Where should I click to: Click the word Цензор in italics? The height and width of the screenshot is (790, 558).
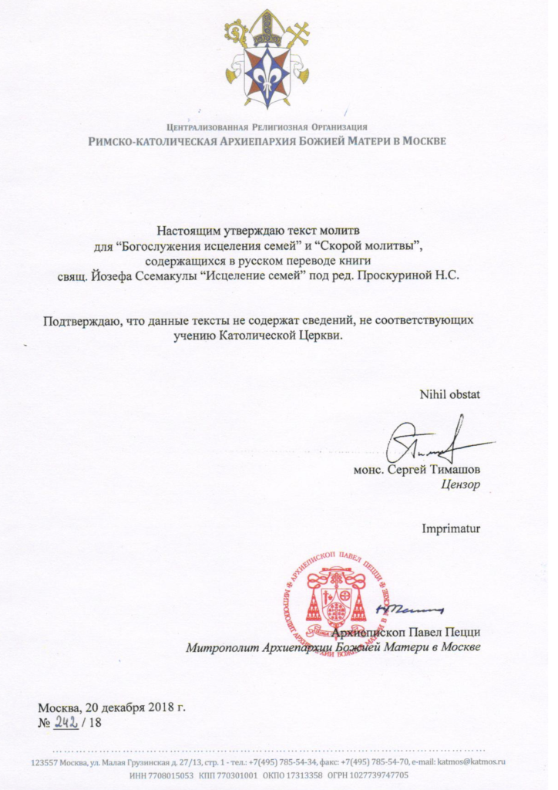tap(461, 486)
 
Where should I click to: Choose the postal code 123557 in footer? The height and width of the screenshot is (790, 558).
tap(45, 761)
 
